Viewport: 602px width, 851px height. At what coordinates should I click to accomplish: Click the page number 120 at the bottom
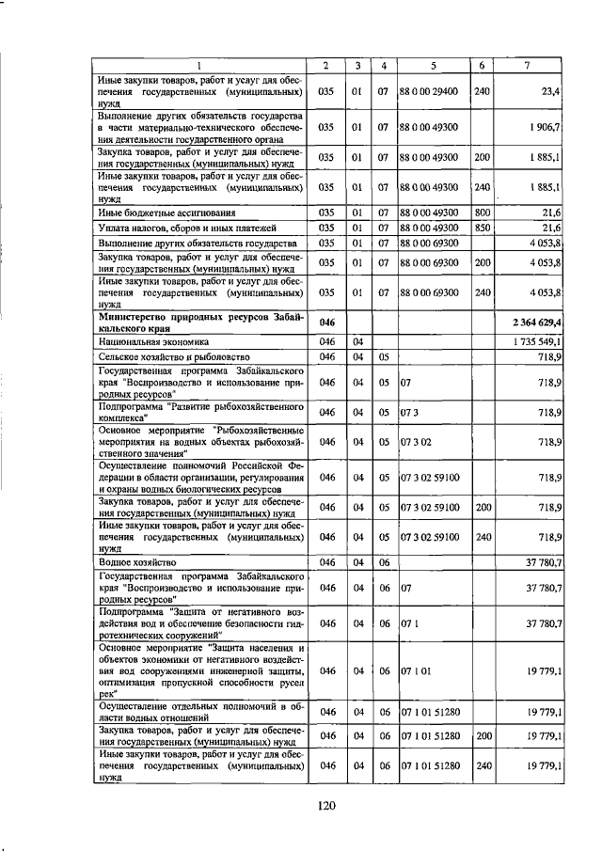pos(325,805)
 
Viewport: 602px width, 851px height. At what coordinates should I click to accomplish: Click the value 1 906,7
pos(545,126)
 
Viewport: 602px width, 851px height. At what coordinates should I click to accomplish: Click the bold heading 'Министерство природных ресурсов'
pos(200,317)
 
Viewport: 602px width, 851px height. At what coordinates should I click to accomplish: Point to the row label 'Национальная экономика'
pos(152,343)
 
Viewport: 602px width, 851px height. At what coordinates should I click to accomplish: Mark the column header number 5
pos(432,64)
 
